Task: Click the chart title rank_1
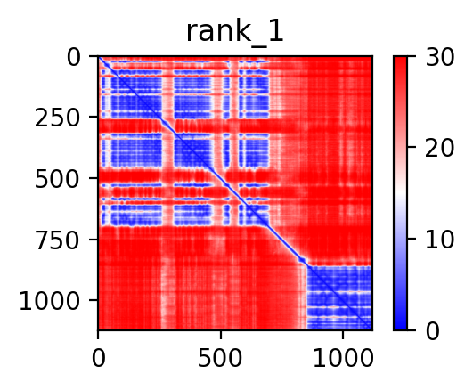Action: (x=234, y=32)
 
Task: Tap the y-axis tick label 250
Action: (x=57, y=118)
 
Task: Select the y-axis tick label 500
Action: (x=57, y=180)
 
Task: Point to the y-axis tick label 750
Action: (x=57, y=241)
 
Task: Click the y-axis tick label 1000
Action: (x=50, y=302)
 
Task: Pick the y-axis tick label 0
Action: (x=73, y=58)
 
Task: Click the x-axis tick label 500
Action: (x=220, y=359)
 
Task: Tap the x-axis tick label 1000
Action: (x=343, y=359)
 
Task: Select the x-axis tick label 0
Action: (x=99, y=359)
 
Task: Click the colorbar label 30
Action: (x=439, y=57)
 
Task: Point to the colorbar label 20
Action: (x=439, y=148)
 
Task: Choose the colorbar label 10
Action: (x=439, y=240)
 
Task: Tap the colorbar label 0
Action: (x=433, y=332)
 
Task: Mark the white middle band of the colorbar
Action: (x=400, y=193)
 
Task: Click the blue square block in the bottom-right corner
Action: (x=339, y=298)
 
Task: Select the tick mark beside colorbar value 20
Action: (x=412, y=147)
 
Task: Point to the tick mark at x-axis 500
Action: (x=221, y=335)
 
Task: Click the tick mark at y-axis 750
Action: (x=94, y=240)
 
